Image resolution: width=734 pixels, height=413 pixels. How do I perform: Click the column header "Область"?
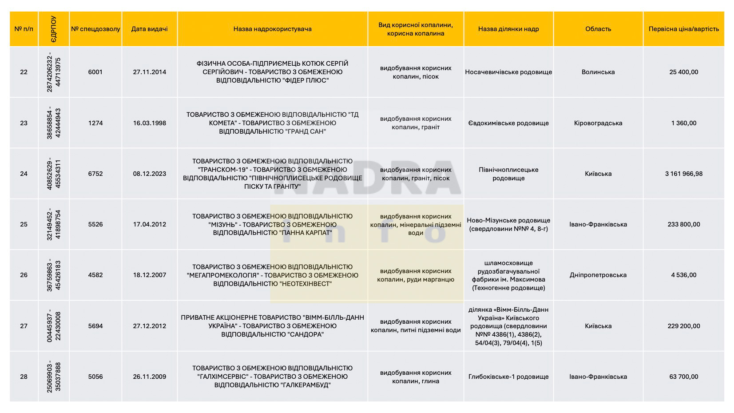click(598, 29)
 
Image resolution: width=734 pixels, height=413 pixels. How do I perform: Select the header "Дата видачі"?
click(149, 29)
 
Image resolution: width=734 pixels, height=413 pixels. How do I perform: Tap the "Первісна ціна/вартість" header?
click(683, 29)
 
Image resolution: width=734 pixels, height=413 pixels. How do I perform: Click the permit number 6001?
click(95, 72)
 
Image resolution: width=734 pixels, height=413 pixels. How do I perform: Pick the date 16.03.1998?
click(149, 123)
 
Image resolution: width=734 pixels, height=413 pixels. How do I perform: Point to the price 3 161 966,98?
click(683, 174)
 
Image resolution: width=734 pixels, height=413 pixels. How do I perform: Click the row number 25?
click(24, 224)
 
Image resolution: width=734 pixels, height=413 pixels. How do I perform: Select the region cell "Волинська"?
click(598, 72)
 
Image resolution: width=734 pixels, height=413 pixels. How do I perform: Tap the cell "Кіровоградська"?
click(598, 123)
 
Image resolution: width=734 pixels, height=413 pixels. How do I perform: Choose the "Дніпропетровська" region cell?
click(598, 275)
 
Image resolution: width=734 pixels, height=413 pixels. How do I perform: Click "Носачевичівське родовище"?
click(508, 72)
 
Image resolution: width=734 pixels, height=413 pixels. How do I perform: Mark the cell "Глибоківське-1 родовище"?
click(508, 377)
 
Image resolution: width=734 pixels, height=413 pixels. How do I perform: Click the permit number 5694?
click(95, 326)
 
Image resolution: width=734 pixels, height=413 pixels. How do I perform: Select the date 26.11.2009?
click(149, 377)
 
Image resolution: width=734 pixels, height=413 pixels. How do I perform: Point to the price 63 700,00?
click(683, 377)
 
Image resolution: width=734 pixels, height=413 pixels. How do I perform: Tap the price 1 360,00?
click(683, 123)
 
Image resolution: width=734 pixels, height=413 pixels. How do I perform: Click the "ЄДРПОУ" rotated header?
click(53, 29)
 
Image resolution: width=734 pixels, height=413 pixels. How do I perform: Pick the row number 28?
click(24, 377)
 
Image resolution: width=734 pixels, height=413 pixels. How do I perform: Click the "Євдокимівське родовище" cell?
click(508, 123)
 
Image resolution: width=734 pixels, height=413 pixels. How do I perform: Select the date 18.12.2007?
click(149, 275)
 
